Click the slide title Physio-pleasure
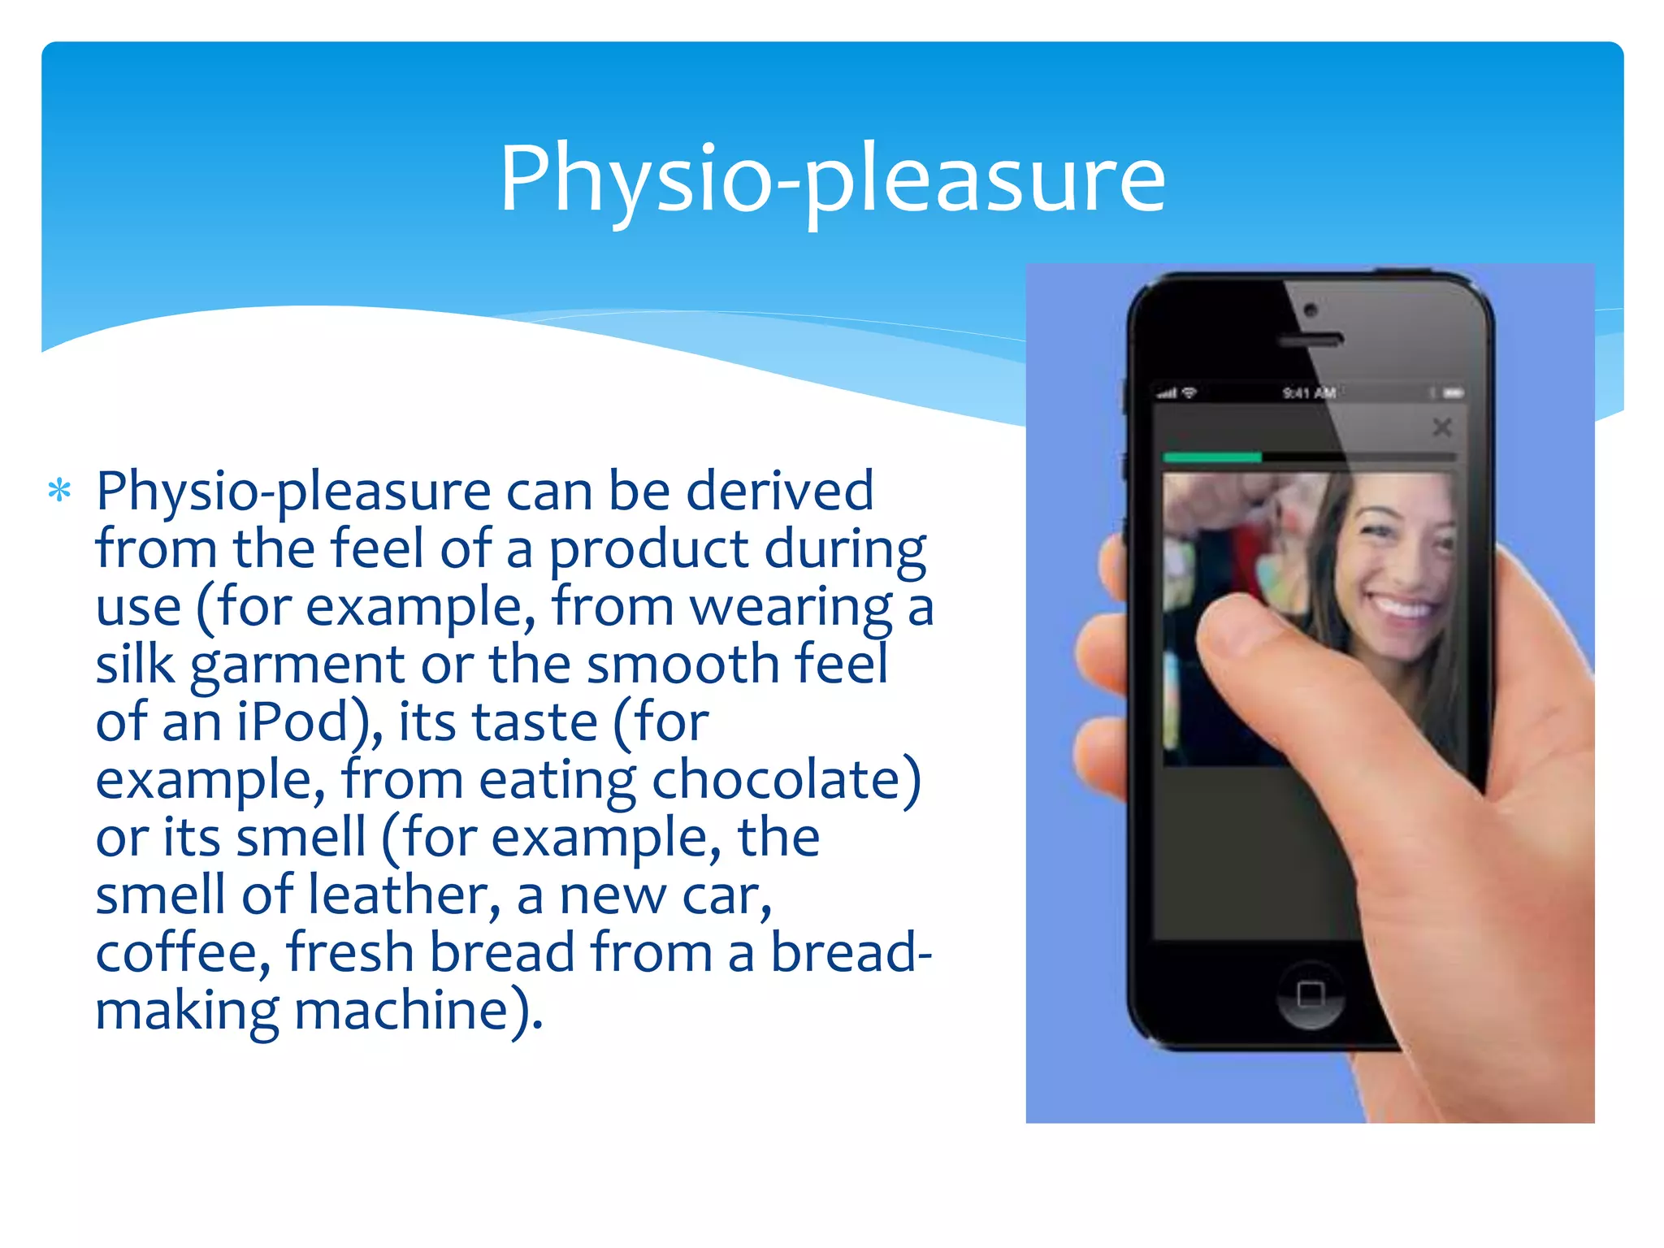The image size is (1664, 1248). point(832,179)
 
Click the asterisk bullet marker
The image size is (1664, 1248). point(59,491)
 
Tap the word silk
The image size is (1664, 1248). point(134,664)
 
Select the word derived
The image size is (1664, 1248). point(780,491)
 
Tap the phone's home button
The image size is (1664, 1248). point(1311,994)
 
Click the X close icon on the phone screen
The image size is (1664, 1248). point(1442,427)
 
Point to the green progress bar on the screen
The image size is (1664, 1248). point(1212,457)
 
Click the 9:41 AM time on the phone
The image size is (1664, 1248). point(1309,393)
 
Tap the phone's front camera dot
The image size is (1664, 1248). point(1311,310)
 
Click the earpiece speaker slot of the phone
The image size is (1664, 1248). point(1311,340)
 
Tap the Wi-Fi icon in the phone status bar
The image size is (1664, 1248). point(1189,393)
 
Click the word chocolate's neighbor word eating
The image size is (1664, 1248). point(557,780)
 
